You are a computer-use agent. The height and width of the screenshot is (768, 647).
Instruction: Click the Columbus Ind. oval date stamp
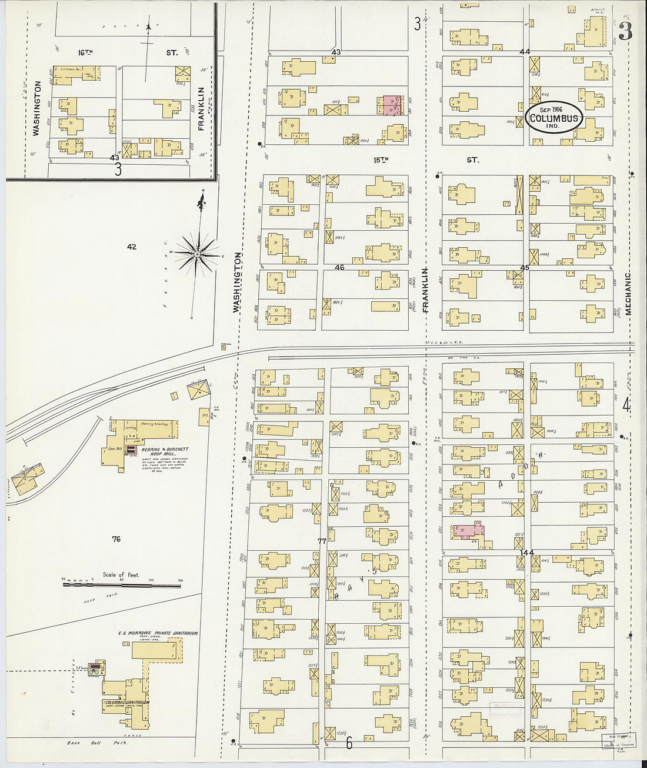click(x=554, y=118)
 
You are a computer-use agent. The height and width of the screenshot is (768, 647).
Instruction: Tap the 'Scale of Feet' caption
click(x=121, y=574)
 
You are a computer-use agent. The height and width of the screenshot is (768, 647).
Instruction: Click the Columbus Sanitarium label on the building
click(x=126, y=702)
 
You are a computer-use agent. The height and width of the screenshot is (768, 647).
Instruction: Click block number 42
click(x=131, y=247)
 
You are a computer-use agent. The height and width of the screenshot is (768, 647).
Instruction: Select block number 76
click(x=116, y=538)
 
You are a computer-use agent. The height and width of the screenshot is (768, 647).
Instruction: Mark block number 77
click(x=321, y=541)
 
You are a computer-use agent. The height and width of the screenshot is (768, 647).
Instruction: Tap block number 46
click(x=339, y=268)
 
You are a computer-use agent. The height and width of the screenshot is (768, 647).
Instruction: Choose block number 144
click(x=526, y=552)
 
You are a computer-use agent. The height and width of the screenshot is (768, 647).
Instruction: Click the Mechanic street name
click(x=628, y=292)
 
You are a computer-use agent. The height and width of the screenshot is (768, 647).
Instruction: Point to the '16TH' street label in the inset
click(x=86, y=52)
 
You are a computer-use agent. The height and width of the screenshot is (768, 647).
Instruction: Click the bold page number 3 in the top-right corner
click(x=625, y=32)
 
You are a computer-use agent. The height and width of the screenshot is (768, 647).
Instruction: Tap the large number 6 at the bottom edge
click(x=349, y=743)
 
